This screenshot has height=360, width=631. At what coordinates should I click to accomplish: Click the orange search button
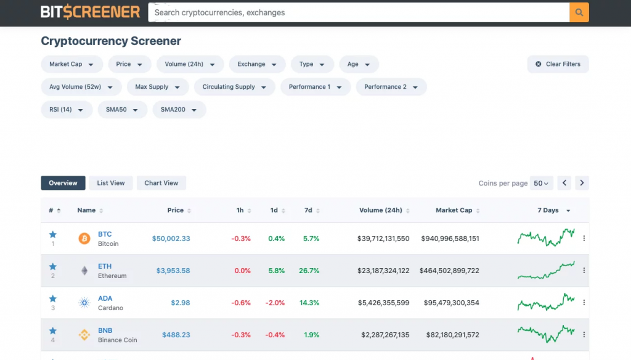[579, 12]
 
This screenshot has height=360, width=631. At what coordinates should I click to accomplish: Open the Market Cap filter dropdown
[71, 64]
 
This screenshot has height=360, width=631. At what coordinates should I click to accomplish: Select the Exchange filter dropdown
[257, 64]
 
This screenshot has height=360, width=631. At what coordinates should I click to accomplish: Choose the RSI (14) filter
[67, 110]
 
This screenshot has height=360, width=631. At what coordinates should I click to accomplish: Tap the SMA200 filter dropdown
[179, 110]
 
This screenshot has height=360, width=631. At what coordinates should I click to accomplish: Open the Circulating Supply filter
[234, 87]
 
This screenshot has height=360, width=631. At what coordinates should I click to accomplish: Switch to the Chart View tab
[161, 183]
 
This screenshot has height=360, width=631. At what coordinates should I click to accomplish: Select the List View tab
[111, 183]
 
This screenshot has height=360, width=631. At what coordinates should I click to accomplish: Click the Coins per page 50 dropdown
[542, 183]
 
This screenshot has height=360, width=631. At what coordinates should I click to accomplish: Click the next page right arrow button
[582, 183]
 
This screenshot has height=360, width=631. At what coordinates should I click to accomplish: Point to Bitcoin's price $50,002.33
[171, 239]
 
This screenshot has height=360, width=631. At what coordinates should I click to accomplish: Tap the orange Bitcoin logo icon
[84, 239]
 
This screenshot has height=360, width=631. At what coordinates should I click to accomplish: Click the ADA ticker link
[105, 298]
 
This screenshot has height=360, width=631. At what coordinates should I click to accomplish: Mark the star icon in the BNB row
[53, 330]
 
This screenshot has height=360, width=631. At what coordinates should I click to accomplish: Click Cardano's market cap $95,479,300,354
[451, 303]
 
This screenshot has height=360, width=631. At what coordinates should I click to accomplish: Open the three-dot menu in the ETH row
[584, 271]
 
